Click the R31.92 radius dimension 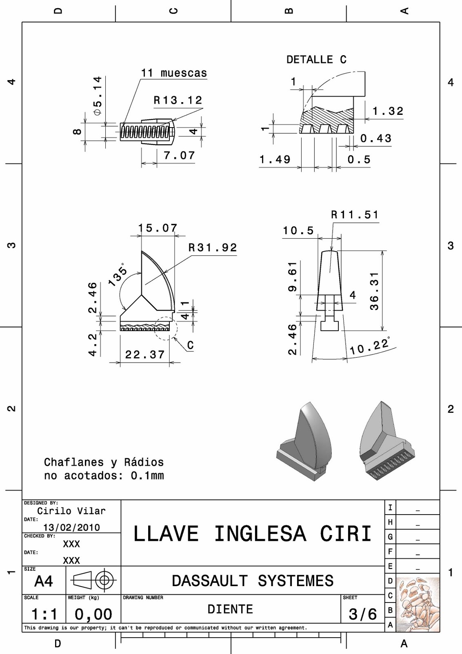[x=213, y=248]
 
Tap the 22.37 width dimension [x=145, y=354]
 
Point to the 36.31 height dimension [x=374, y=291]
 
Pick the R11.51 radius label [x=355, y=215]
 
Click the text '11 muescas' [x=174, y=73]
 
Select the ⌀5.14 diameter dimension [x=97, y=96]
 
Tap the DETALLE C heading [x=316, y=60]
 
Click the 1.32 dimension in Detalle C [x=388, y=111]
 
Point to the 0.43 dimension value [x=376, y=139]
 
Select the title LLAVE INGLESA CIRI [x=252, y=534]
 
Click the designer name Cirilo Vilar [x=71, y=511]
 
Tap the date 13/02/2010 [x=71, y=527]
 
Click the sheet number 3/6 [x=362, y=614]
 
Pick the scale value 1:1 [x=44, y=614]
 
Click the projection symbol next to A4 [x=93, y=580]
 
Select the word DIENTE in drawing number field [x=230, y=609]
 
